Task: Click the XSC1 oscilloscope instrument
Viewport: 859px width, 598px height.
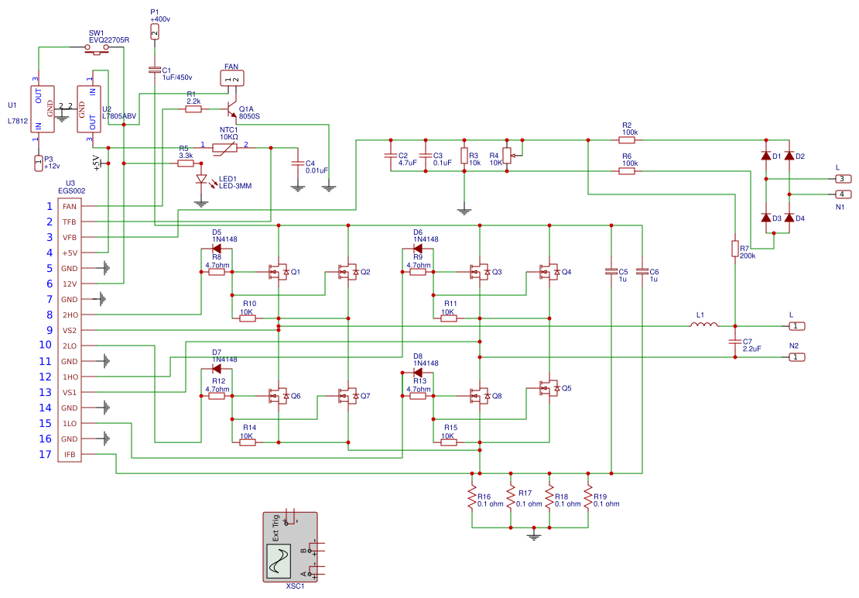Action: [290, 547]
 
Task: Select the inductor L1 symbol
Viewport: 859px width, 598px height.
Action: [703, 326]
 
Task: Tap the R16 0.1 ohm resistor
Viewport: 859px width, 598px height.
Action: [471, 497]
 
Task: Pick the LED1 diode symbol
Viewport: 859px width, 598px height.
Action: [202, 180]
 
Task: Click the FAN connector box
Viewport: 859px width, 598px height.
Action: [231, 78]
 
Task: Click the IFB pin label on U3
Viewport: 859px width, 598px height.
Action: [70, 455]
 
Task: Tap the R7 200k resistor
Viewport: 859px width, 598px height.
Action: [735, 248]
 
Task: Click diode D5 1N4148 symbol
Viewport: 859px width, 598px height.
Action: [217, 249]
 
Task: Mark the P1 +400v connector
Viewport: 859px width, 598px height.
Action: [155, 31]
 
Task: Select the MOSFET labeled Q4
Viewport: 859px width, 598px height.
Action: [549, 272]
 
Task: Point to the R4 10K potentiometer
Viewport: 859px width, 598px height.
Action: [507, 156]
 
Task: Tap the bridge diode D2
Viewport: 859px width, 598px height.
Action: [789, 156]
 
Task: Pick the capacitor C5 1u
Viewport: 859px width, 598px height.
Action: [611, 272]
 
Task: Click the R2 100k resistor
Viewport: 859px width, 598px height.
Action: [627, 140]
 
